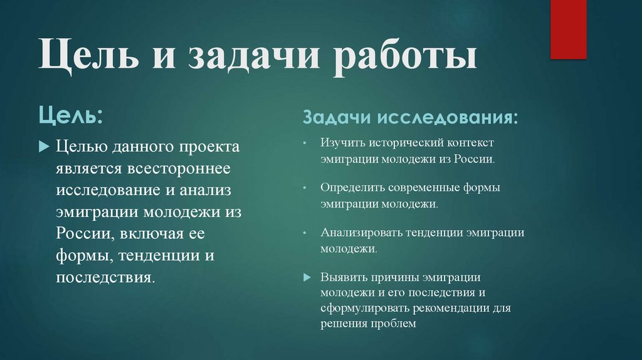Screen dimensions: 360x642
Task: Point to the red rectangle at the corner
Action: [x=568, y=29]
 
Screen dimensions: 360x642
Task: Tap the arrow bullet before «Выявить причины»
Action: [x=306, y=277]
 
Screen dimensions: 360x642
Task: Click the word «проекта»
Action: [x=209, y=147]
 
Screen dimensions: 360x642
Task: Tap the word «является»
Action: [x=87, y=169]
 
